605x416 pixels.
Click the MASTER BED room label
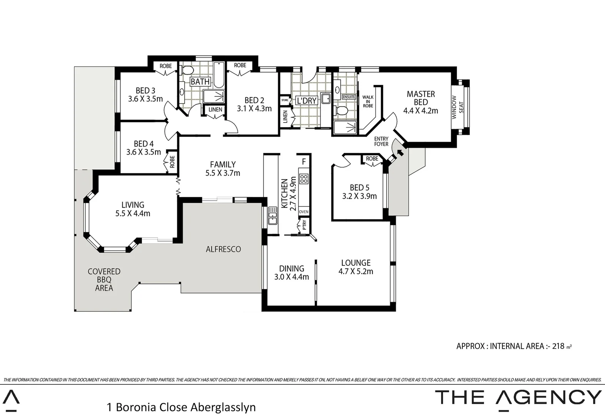420,98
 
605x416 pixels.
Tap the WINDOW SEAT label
457,107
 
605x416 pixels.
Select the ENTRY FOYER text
381,141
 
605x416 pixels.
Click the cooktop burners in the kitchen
304,178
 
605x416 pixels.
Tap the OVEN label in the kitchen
303,212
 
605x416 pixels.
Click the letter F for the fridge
304,161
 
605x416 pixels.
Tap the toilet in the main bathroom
187,71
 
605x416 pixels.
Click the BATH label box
200,82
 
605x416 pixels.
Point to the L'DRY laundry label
307,101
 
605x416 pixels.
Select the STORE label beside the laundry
285,100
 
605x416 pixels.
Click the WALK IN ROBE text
368,102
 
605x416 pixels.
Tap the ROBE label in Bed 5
372,159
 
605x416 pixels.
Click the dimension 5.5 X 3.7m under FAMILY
223,173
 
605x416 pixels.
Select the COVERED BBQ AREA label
104,280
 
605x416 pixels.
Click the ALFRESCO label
223,249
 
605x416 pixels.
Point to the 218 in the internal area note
558,346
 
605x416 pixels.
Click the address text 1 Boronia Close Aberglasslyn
181,407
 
